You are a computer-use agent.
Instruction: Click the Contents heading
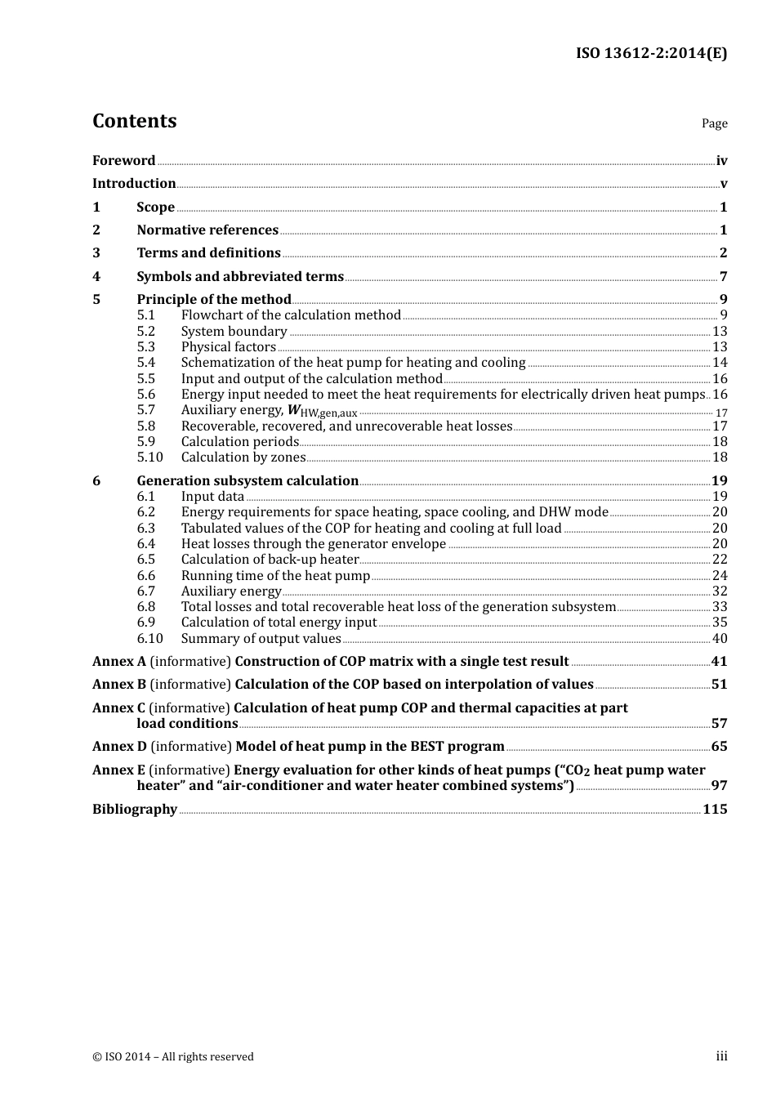coord(134,121)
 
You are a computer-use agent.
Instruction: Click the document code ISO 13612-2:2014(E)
coord(651,53)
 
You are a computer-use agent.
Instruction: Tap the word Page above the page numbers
coord(714,123)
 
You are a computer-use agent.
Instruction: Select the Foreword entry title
coord(123,161)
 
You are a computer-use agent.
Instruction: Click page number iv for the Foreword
coord(721,161)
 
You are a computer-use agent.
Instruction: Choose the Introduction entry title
coord(134,184)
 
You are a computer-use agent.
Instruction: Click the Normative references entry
coord(207,230)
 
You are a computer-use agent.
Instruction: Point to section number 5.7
coord(145,410)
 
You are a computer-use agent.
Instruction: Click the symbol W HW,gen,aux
coord(323,411)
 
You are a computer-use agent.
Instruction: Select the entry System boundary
coord(234,332)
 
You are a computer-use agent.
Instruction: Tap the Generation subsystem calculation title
coord(248,481)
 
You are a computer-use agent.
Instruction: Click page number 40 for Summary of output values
coord(720,639)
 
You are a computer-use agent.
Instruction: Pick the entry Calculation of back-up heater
coord(270,560)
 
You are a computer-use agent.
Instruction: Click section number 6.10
coord(149,639)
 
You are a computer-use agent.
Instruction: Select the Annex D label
coord(119,747)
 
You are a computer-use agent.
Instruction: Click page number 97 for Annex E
coord(719,786)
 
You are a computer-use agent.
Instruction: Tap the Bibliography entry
coord(135,810)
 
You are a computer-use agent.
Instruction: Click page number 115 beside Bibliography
coord(715,810)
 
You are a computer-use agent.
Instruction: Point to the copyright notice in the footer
coord(173,1057)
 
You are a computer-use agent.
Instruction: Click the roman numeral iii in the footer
coord(721,1056)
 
